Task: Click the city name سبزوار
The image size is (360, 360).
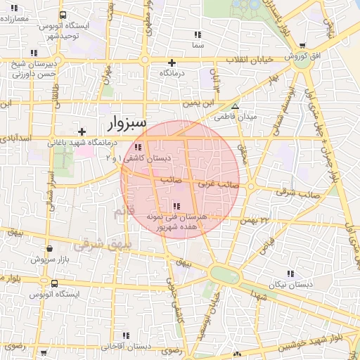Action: point(127,124)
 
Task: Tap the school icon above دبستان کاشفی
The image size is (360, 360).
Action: point(138,147)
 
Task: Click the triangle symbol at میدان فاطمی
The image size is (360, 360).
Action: point(236,107)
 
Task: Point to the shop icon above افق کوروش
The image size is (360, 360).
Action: point(302,44)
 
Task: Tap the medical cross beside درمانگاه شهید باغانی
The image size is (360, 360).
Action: point(82,131)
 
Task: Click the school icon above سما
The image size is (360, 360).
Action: point(197,34)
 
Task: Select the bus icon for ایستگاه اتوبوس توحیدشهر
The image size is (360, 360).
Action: point(63,15)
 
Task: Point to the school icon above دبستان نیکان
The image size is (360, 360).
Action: point(290,273)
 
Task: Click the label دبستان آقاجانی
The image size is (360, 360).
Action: point(127,346)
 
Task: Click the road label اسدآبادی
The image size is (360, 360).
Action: point(17,139)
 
